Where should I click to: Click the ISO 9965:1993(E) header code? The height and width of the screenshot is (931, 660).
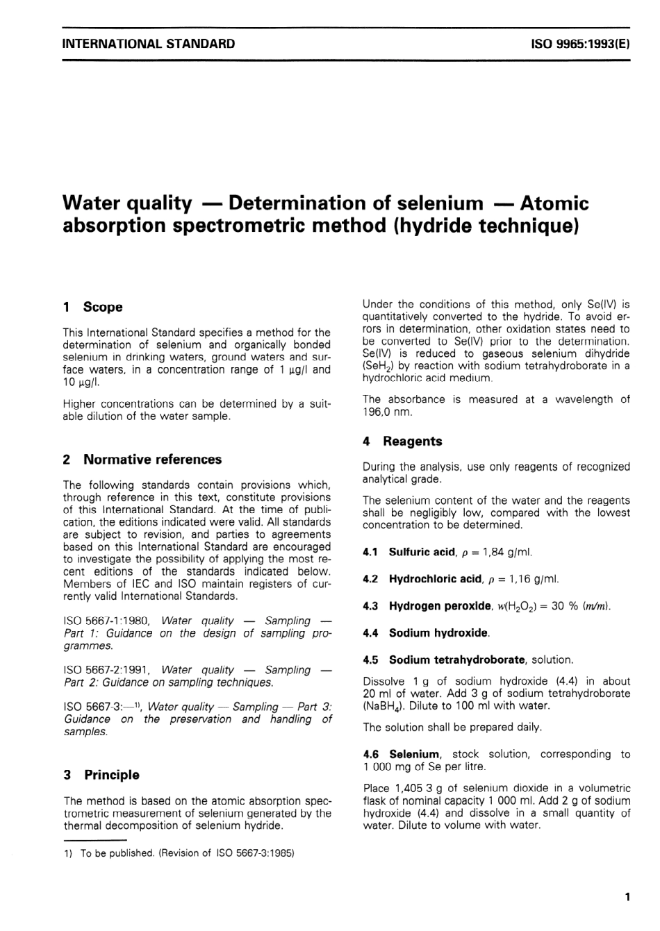coord(580,44)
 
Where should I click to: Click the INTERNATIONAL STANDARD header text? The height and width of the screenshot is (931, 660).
coord(149,44)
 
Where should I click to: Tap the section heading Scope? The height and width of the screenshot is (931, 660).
coord(102,307)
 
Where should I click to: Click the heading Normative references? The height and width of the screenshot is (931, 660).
coord(152,460)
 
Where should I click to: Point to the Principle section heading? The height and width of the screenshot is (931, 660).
coord(111,775)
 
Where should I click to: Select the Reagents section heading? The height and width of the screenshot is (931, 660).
coord(412,442)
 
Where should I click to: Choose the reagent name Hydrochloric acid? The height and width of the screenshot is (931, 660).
coord(435,579)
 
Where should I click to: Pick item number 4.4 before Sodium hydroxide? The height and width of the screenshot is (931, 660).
coord(370,633)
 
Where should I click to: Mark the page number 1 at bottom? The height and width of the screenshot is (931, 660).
coord(627,897)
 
